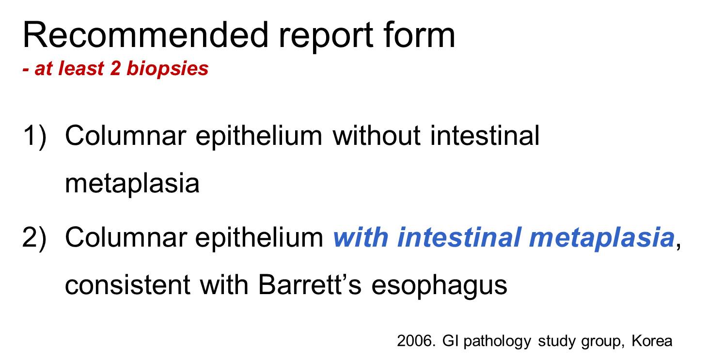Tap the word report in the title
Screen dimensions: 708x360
326,38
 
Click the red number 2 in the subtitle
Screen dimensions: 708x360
115,68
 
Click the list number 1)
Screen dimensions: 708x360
34,136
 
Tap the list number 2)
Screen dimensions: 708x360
34,238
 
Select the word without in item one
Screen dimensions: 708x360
377,136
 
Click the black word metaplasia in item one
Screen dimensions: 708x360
132,184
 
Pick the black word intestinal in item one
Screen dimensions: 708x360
485,136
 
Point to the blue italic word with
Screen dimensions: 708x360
361,237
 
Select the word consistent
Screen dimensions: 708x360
128,285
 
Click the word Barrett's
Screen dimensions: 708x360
310,284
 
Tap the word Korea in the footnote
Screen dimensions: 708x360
652,341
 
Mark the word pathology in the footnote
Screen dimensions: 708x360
497,342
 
